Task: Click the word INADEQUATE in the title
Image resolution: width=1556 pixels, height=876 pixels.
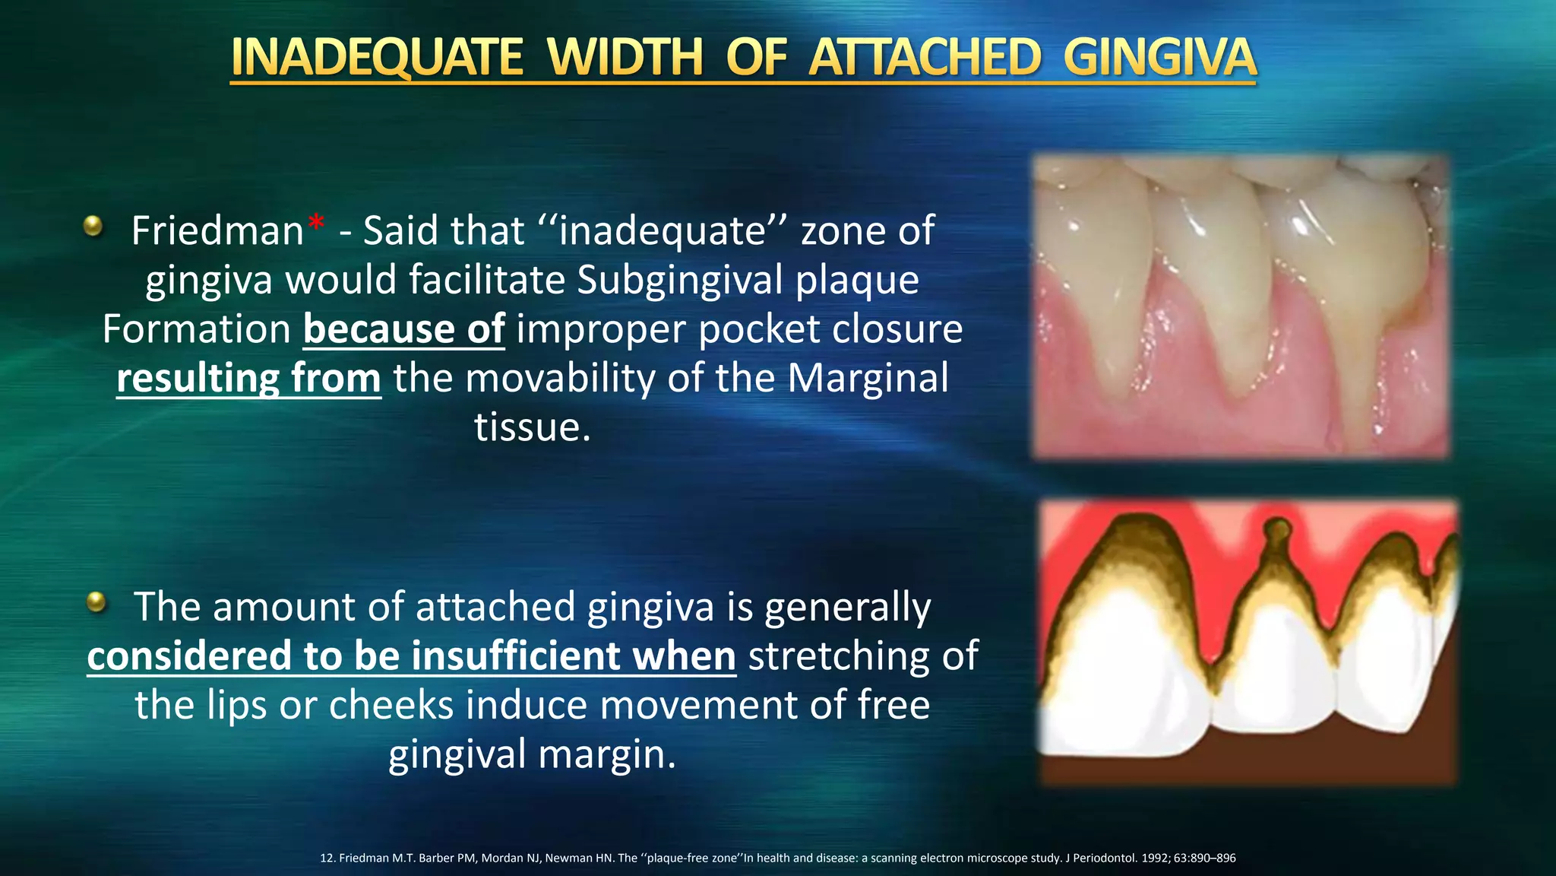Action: [377, 58]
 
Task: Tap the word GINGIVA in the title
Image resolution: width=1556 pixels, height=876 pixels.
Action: [1159, 58]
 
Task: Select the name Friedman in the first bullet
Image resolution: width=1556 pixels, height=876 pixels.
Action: [217, 230]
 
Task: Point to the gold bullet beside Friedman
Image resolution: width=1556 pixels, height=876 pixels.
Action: [93, 226]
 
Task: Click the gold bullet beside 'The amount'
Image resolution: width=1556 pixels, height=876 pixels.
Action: [96, 602]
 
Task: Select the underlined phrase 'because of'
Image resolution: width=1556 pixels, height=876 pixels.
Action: [403, 329]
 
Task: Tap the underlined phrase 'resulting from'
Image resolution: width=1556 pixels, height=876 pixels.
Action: [248, 379]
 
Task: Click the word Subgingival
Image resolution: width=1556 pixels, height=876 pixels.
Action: [679, 280]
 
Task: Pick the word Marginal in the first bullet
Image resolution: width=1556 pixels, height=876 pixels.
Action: [868, 379]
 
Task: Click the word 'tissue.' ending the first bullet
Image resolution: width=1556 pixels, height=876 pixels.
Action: [532, 427]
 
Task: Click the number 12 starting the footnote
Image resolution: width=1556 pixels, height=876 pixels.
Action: [327, 858]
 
